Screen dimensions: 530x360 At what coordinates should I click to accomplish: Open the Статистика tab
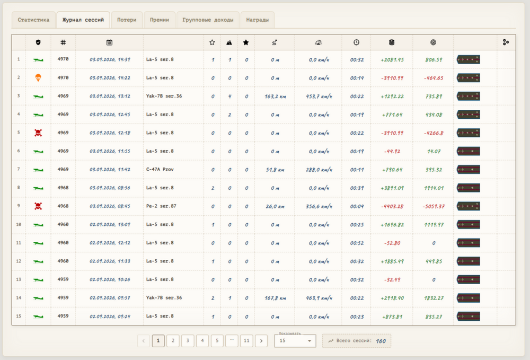[x=33, y=20]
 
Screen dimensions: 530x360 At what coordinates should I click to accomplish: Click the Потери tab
[x=127, y=20]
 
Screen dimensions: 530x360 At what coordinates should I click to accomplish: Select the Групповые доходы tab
[x=208, y=20]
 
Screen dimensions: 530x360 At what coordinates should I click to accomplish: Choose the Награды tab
[x=257, y=20]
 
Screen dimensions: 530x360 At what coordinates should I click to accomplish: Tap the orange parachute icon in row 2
[x=38, y=78]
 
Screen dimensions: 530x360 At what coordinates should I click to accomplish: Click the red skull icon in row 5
[x=38, y=133]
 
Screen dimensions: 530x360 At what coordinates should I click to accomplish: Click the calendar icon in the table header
[x=109, y=42]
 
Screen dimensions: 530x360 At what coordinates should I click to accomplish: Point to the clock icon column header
[x=356, y=42]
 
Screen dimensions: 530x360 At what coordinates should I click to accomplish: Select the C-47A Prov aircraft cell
[x=160, y=169]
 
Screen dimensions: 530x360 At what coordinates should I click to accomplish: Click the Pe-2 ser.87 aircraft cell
[x=161, y=206]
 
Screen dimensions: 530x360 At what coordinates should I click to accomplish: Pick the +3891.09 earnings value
[x=392, y=188]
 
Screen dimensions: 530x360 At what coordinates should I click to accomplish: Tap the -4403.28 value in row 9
[x=392, y=206]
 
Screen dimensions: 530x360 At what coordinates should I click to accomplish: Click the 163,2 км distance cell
[x=275, y=96]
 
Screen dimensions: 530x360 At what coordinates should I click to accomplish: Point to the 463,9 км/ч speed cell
[x=319, y=298]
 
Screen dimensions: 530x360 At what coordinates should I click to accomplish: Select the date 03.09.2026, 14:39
[x=110, y=59]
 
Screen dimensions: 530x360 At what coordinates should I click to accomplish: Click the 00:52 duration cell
[x=357, y=243]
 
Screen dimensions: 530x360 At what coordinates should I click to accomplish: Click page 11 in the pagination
[x=246, y=341]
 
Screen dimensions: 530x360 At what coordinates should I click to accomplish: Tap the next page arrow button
[x=261, y=341]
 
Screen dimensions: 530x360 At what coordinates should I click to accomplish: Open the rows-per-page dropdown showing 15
[x=295, y=341]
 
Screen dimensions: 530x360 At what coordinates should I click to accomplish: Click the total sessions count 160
[x=381, y=341]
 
